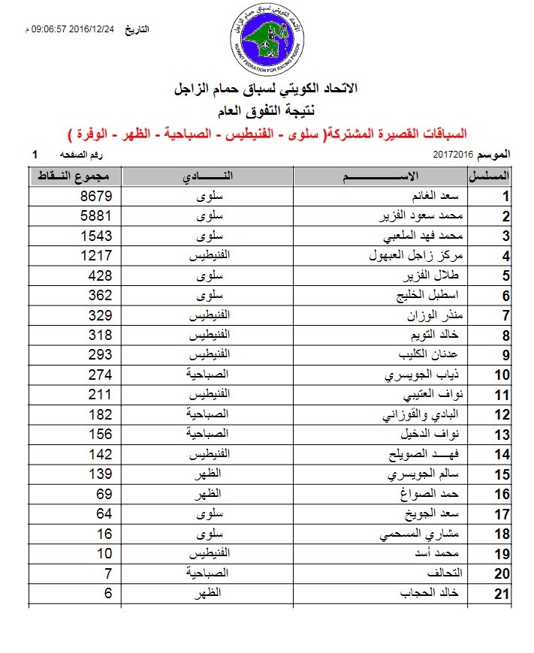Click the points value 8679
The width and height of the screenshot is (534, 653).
(97, 197)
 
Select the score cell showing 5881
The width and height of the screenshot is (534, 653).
(97, 217)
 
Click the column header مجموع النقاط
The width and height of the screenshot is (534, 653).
(74, 178)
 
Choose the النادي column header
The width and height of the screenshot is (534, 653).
(207, 178)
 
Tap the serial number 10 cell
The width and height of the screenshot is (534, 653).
(502, 375)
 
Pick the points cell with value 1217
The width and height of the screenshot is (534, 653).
(97, 256)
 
